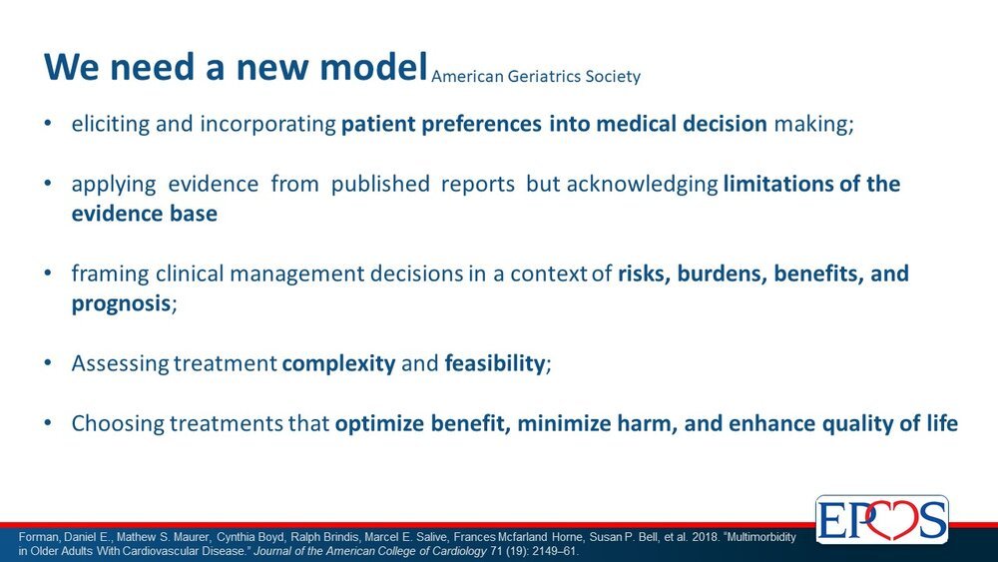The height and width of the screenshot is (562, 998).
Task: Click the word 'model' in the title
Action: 373,66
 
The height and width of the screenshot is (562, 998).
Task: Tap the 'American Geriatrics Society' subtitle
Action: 536,77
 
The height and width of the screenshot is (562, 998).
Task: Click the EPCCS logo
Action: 882,519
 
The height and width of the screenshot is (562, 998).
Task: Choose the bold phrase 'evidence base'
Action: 144,214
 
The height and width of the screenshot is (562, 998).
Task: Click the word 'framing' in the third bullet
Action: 110,274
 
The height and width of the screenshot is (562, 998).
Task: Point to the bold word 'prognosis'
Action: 121,303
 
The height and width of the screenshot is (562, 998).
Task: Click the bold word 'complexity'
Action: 338,363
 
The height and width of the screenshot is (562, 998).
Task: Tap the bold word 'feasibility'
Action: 495,363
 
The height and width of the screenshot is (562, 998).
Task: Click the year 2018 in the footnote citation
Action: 705,537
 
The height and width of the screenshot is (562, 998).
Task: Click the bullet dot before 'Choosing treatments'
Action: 48,422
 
